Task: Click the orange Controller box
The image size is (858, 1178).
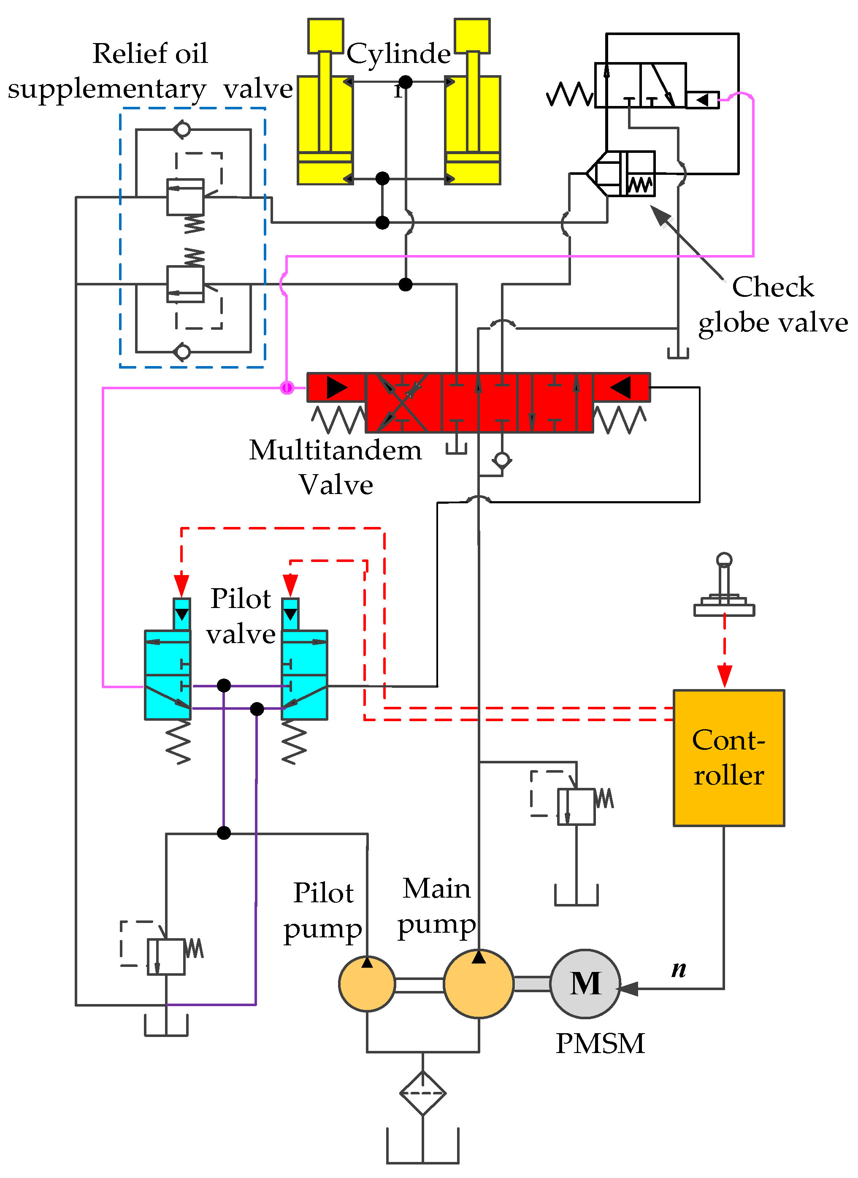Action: click(729, 757)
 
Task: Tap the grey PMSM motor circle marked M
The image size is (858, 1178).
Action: click(585, 984)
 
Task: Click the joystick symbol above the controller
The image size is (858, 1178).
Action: click(724, 585)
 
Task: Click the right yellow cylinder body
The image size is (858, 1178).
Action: click(473, 130)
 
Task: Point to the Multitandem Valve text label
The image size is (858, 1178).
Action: click(336, 467)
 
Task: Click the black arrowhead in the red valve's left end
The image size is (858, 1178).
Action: click(336, 388)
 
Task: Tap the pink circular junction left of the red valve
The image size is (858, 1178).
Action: click(287, 388)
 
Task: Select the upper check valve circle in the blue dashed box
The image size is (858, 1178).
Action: click(182, 129)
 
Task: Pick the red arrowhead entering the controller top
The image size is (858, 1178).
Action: click(725, 676)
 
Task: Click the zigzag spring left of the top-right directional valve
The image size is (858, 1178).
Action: click(570, 95)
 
